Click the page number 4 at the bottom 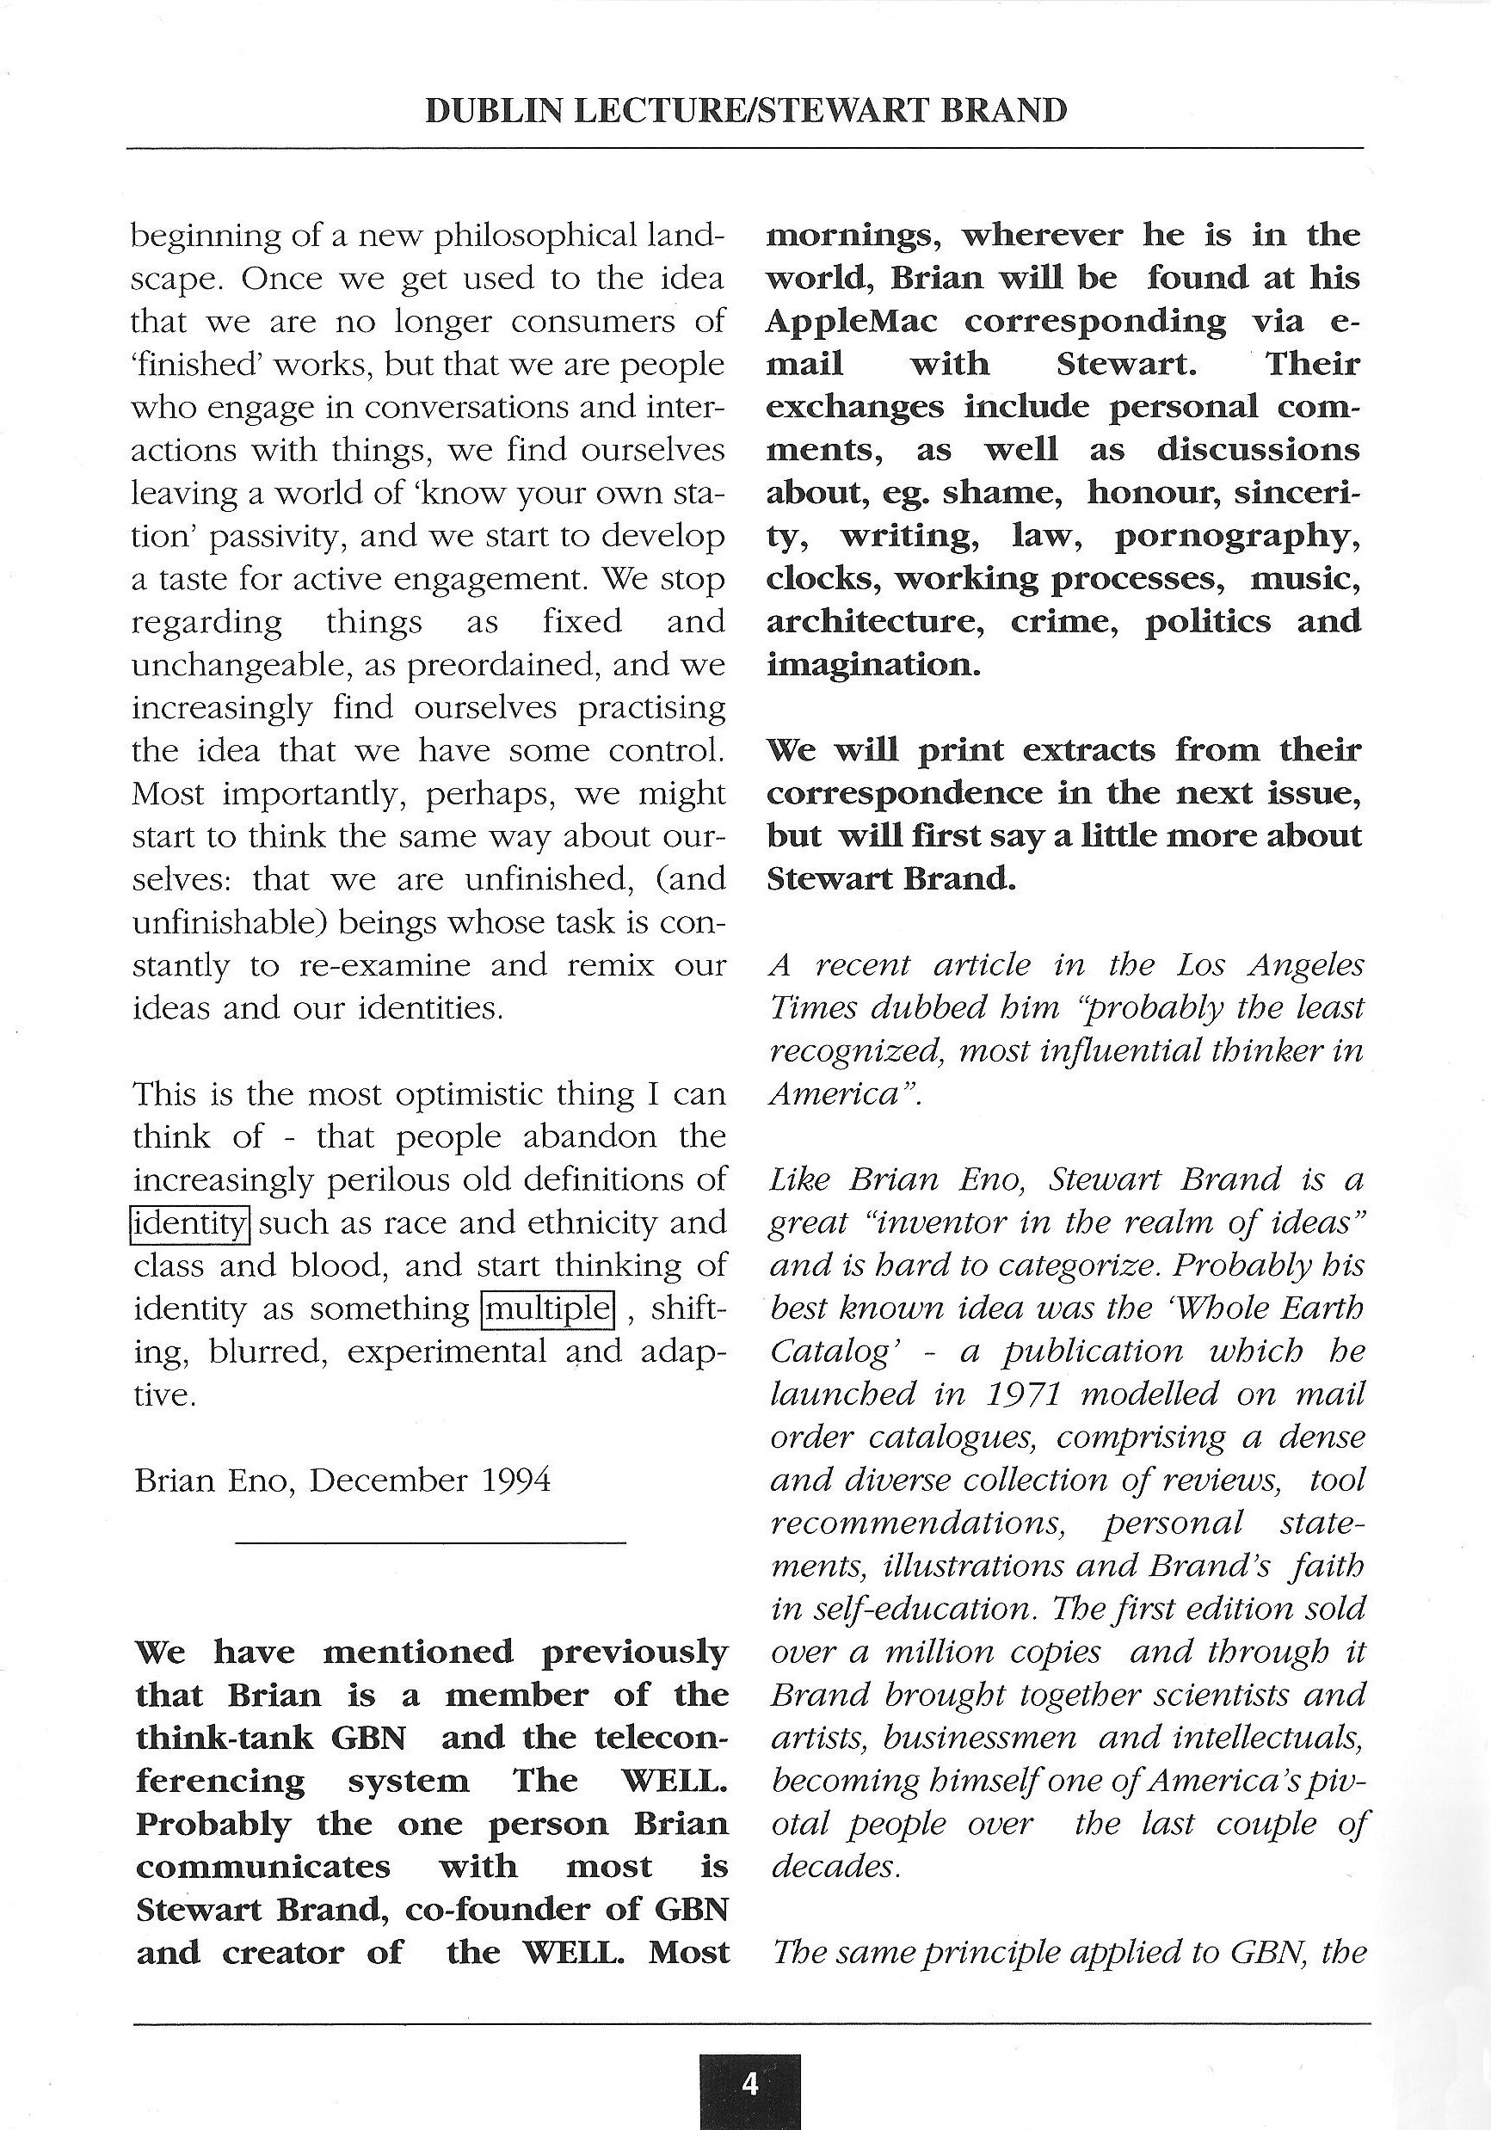pyautogui.click(x=749, y=2084)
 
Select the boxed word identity pyautogui.click(x=190, y=1223)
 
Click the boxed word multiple pyautogui.click(x=548, y=1309)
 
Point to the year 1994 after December pyautogui.click(x=516, y=1481)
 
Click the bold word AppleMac pyautogui.click(x=852, y=322)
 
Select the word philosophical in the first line pyautogui.click(x=536, y=237)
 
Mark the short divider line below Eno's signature pyautogui.click(x=430, y=1543)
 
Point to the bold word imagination pyautogui.click(x=872, y=665)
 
